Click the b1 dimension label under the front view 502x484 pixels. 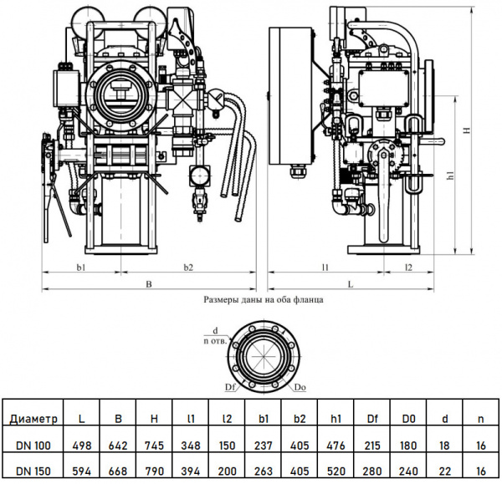81,267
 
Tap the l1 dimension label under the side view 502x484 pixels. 324,267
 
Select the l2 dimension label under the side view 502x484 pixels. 408,267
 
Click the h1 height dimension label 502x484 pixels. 451,176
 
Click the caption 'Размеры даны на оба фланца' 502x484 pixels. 264,298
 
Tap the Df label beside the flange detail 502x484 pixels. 229,388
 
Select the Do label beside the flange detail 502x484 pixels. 300,388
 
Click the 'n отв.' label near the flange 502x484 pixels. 216,340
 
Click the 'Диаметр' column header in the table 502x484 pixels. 33,418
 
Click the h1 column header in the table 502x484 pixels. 338,418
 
